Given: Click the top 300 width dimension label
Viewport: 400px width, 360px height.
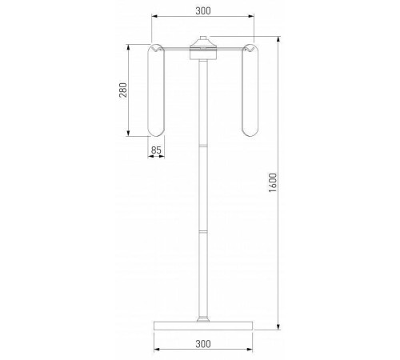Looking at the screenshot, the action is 203,11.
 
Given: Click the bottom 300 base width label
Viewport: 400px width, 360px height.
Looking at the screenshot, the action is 203,344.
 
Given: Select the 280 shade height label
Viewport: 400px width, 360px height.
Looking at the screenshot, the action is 123,90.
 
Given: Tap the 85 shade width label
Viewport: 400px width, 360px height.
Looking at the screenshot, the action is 156,150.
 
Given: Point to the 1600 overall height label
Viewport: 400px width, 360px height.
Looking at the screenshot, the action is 273,182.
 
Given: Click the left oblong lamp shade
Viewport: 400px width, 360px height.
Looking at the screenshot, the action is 156,90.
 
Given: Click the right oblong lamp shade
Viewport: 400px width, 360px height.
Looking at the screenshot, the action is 250,90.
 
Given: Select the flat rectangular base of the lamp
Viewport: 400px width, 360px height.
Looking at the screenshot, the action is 203,326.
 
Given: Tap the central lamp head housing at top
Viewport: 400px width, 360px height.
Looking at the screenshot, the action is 203,50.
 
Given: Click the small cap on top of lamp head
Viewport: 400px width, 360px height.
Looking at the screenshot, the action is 203,38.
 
